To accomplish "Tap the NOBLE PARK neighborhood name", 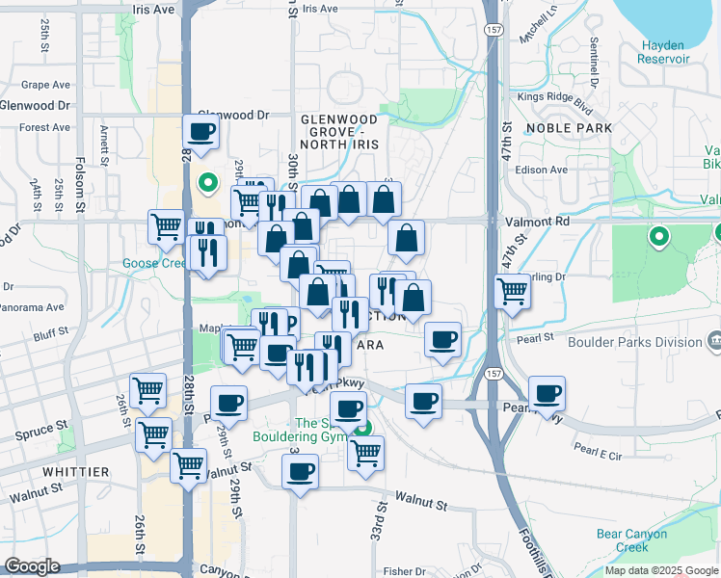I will click(564, 127).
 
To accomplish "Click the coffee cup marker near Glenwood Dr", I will click(202, 132).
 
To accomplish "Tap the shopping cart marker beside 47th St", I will click(512, 289).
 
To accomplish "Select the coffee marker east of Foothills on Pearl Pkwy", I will click(547, 392).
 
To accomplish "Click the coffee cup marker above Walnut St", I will click(300, 471).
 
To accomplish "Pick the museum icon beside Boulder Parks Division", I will click(714, 341).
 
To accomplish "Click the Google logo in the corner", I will click(32, 566).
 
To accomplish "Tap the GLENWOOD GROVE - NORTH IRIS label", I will click(339, 131).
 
